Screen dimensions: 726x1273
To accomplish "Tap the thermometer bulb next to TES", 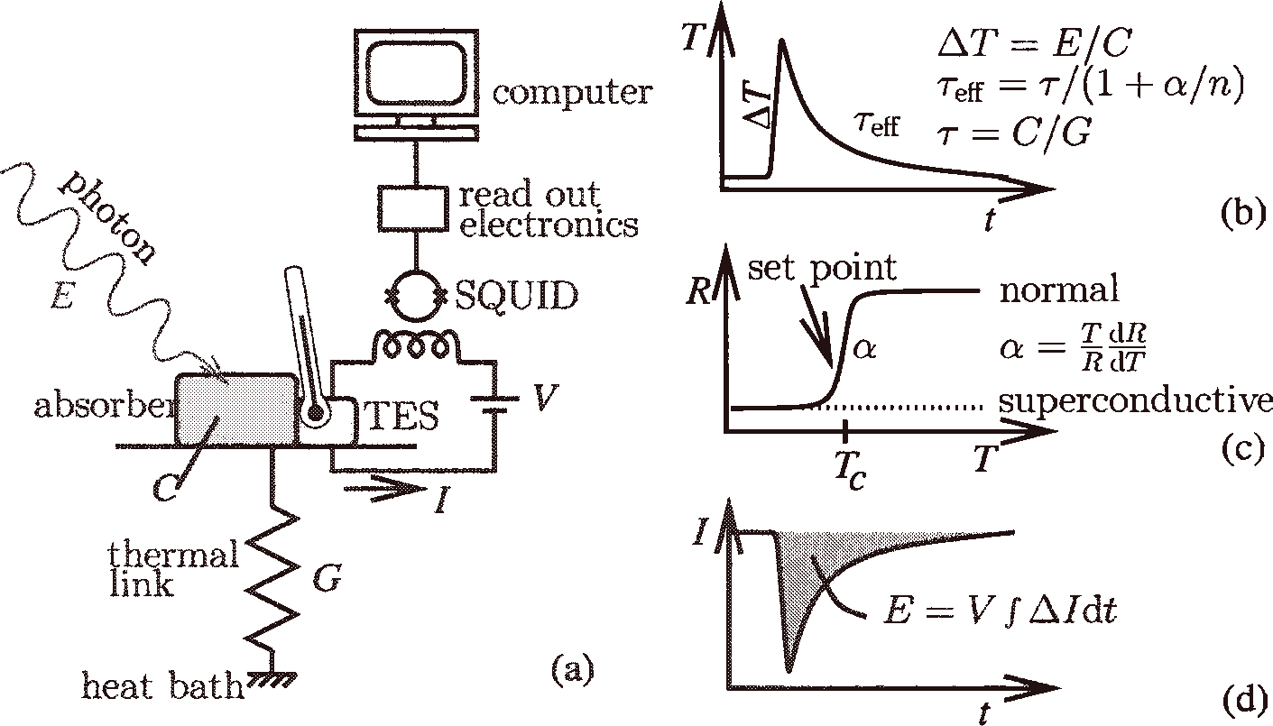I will point(316,414).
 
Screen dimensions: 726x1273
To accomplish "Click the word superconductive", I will point(1135,401).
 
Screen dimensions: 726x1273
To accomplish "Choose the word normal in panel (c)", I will point(1058,290).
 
